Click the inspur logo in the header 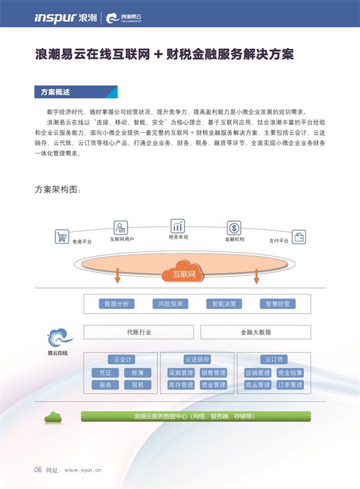click(x=55, y=18)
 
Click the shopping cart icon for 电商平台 click(x=61, y=236)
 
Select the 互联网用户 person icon click(x=121, y=227)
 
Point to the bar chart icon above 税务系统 click(x=178, y=226)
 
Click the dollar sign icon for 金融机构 click(x=234, y=228)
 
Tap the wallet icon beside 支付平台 click(x=300, y=236)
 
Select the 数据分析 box click(x=117, y=303)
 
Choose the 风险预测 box click(x=170, y=303)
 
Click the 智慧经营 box click(x=278, y=303)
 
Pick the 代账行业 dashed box click(x=139, y=332)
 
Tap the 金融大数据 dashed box click(x=256, y=332)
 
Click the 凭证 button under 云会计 click(x=105, y=373)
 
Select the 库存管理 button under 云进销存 click(x=180, y=385)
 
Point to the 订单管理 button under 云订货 click(x=290, y=385)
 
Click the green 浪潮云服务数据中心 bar click(x=195, y=416)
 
